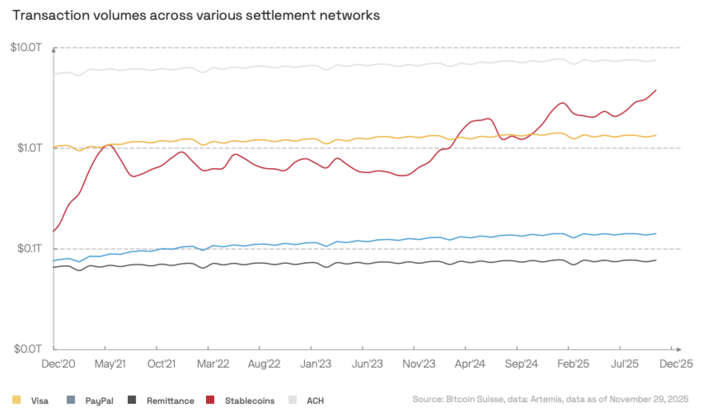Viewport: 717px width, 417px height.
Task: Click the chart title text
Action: point(196,15)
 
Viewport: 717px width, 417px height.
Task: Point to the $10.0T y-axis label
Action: point(26,47)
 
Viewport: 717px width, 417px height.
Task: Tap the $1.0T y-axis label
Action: point(29,148)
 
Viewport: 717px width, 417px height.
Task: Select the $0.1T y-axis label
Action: point(29,248)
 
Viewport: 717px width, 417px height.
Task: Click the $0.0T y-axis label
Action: point(28,349)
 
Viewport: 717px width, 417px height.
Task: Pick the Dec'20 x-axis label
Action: point(58,364)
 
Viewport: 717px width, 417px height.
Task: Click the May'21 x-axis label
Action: point(110,364)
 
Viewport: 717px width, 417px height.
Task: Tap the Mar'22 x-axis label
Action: point(213,364)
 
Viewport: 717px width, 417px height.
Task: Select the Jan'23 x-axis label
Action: point(316,364)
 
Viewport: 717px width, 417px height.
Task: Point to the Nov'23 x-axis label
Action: point(419,364)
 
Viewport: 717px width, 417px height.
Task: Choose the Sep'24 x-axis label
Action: point(521,364)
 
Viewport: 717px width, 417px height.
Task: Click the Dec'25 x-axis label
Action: point(676,364)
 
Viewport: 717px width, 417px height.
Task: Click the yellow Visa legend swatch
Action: point(16,400)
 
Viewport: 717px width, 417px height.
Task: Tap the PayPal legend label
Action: point(99,401)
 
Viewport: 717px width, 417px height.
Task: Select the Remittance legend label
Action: point(170,401)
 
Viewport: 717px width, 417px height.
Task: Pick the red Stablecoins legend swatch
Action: point(210,400)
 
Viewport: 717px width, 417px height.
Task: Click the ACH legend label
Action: point(315,401)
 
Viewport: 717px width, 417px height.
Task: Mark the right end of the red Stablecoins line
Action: point(656,90)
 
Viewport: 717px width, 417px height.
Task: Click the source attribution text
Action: point(550,399)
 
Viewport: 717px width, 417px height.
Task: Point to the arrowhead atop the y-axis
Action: point(54,50)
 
